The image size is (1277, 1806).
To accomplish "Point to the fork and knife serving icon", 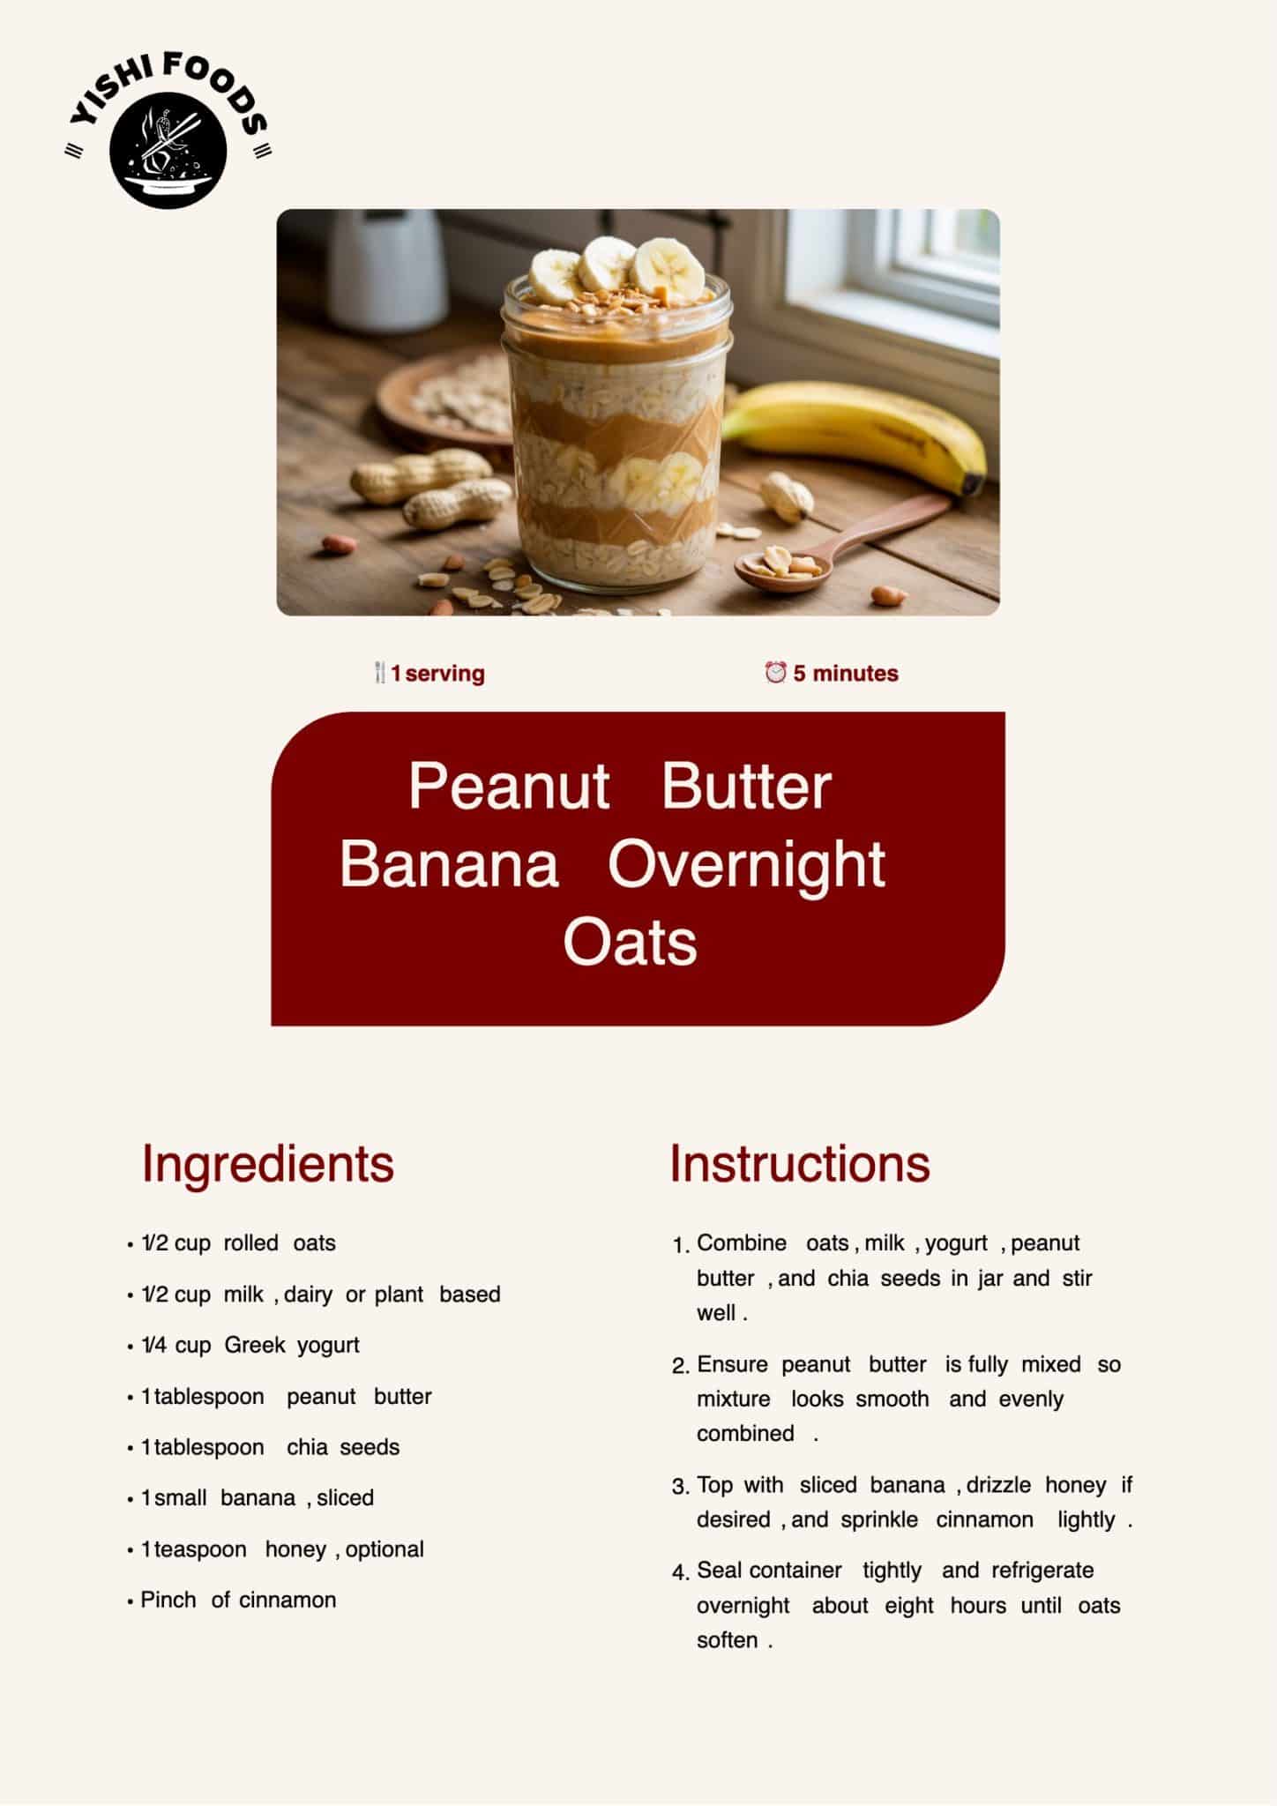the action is tap(380, 674).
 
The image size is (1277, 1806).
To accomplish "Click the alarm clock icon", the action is tap(775, 673).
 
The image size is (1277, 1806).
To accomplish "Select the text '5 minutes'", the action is tap(846, 674).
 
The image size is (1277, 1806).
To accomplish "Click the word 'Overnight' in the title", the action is tap(746, 864).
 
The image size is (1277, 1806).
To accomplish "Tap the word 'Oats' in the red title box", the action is tap(630, 942).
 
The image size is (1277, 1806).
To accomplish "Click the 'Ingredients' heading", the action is tap(268, 1164).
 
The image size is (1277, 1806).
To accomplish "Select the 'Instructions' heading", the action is tap(800, 1163).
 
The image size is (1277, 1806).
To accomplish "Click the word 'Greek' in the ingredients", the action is tap(255, 1345).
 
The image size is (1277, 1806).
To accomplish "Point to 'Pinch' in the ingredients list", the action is tap(168, 1600).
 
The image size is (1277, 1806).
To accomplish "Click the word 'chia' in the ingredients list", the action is tap(307, 1447).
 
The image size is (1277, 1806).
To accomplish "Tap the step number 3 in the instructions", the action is tap(680, 1487).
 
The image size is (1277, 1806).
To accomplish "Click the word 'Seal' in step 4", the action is tap(720, 1570).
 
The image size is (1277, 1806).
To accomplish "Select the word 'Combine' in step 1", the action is tap(742, 1243).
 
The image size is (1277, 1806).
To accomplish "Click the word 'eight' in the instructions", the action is tap(909, 1606).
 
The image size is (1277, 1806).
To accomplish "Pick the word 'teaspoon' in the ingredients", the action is tap(200, 1549).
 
